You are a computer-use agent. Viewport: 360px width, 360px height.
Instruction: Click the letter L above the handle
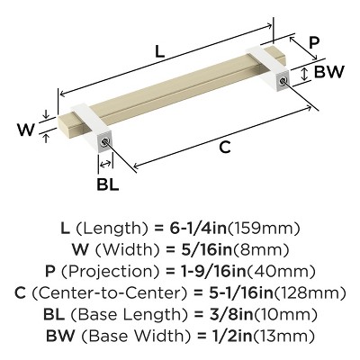click(160, 51)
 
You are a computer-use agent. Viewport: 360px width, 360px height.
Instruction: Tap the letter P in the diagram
click(313, 42)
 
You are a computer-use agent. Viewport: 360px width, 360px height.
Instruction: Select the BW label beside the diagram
click(328, 72)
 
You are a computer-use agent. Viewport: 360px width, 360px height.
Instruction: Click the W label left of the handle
click(26, 130)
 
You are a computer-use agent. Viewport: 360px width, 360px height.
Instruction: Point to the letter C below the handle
click(225, 147)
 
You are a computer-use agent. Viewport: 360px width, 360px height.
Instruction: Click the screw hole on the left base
click(104, 141)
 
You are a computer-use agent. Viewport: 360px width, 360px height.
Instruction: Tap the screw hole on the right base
click(283, 80)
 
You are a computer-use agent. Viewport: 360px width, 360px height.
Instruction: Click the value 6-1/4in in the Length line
click(198, 229)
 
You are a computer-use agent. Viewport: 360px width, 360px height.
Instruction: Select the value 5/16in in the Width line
click(207, 249)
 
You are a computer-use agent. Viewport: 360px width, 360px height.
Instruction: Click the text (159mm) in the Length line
click(264, 229)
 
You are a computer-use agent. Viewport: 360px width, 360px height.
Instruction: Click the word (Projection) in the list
click(111, 272)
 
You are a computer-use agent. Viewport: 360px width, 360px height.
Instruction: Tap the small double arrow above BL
click(105, 164)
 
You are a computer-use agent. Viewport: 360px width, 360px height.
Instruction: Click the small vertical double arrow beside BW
click(305, 74)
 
